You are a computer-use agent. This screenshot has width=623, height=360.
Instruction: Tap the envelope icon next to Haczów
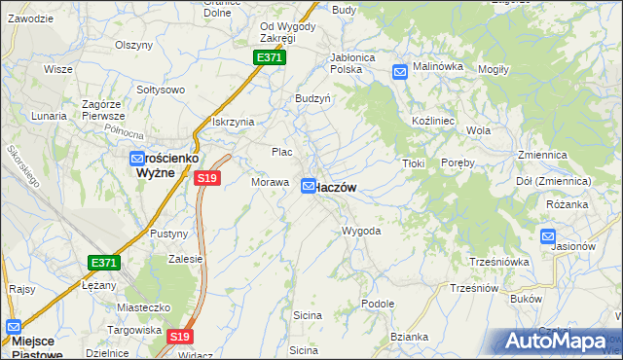coord(309,185)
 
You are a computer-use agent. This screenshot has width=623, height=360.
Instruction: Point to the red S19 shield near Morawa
coord(206,178)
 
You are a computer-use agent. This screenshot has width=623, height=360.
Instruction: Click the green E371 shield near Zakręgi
coord(270,58)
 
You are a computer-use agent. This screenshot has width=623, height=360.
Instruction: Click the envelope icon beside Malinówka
coord(400,71)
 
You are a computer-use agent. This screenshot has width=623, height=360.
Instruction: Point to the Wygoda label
coord(360,232)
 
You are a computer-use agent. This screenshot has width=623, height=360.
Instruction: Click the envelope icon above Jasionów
coord(548,235)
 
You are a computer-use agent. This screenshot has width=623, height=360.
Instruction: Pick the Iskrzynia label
coord(233,122)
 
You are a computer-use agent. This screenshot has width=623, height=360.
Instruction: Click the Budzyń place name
coord(313,98)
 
